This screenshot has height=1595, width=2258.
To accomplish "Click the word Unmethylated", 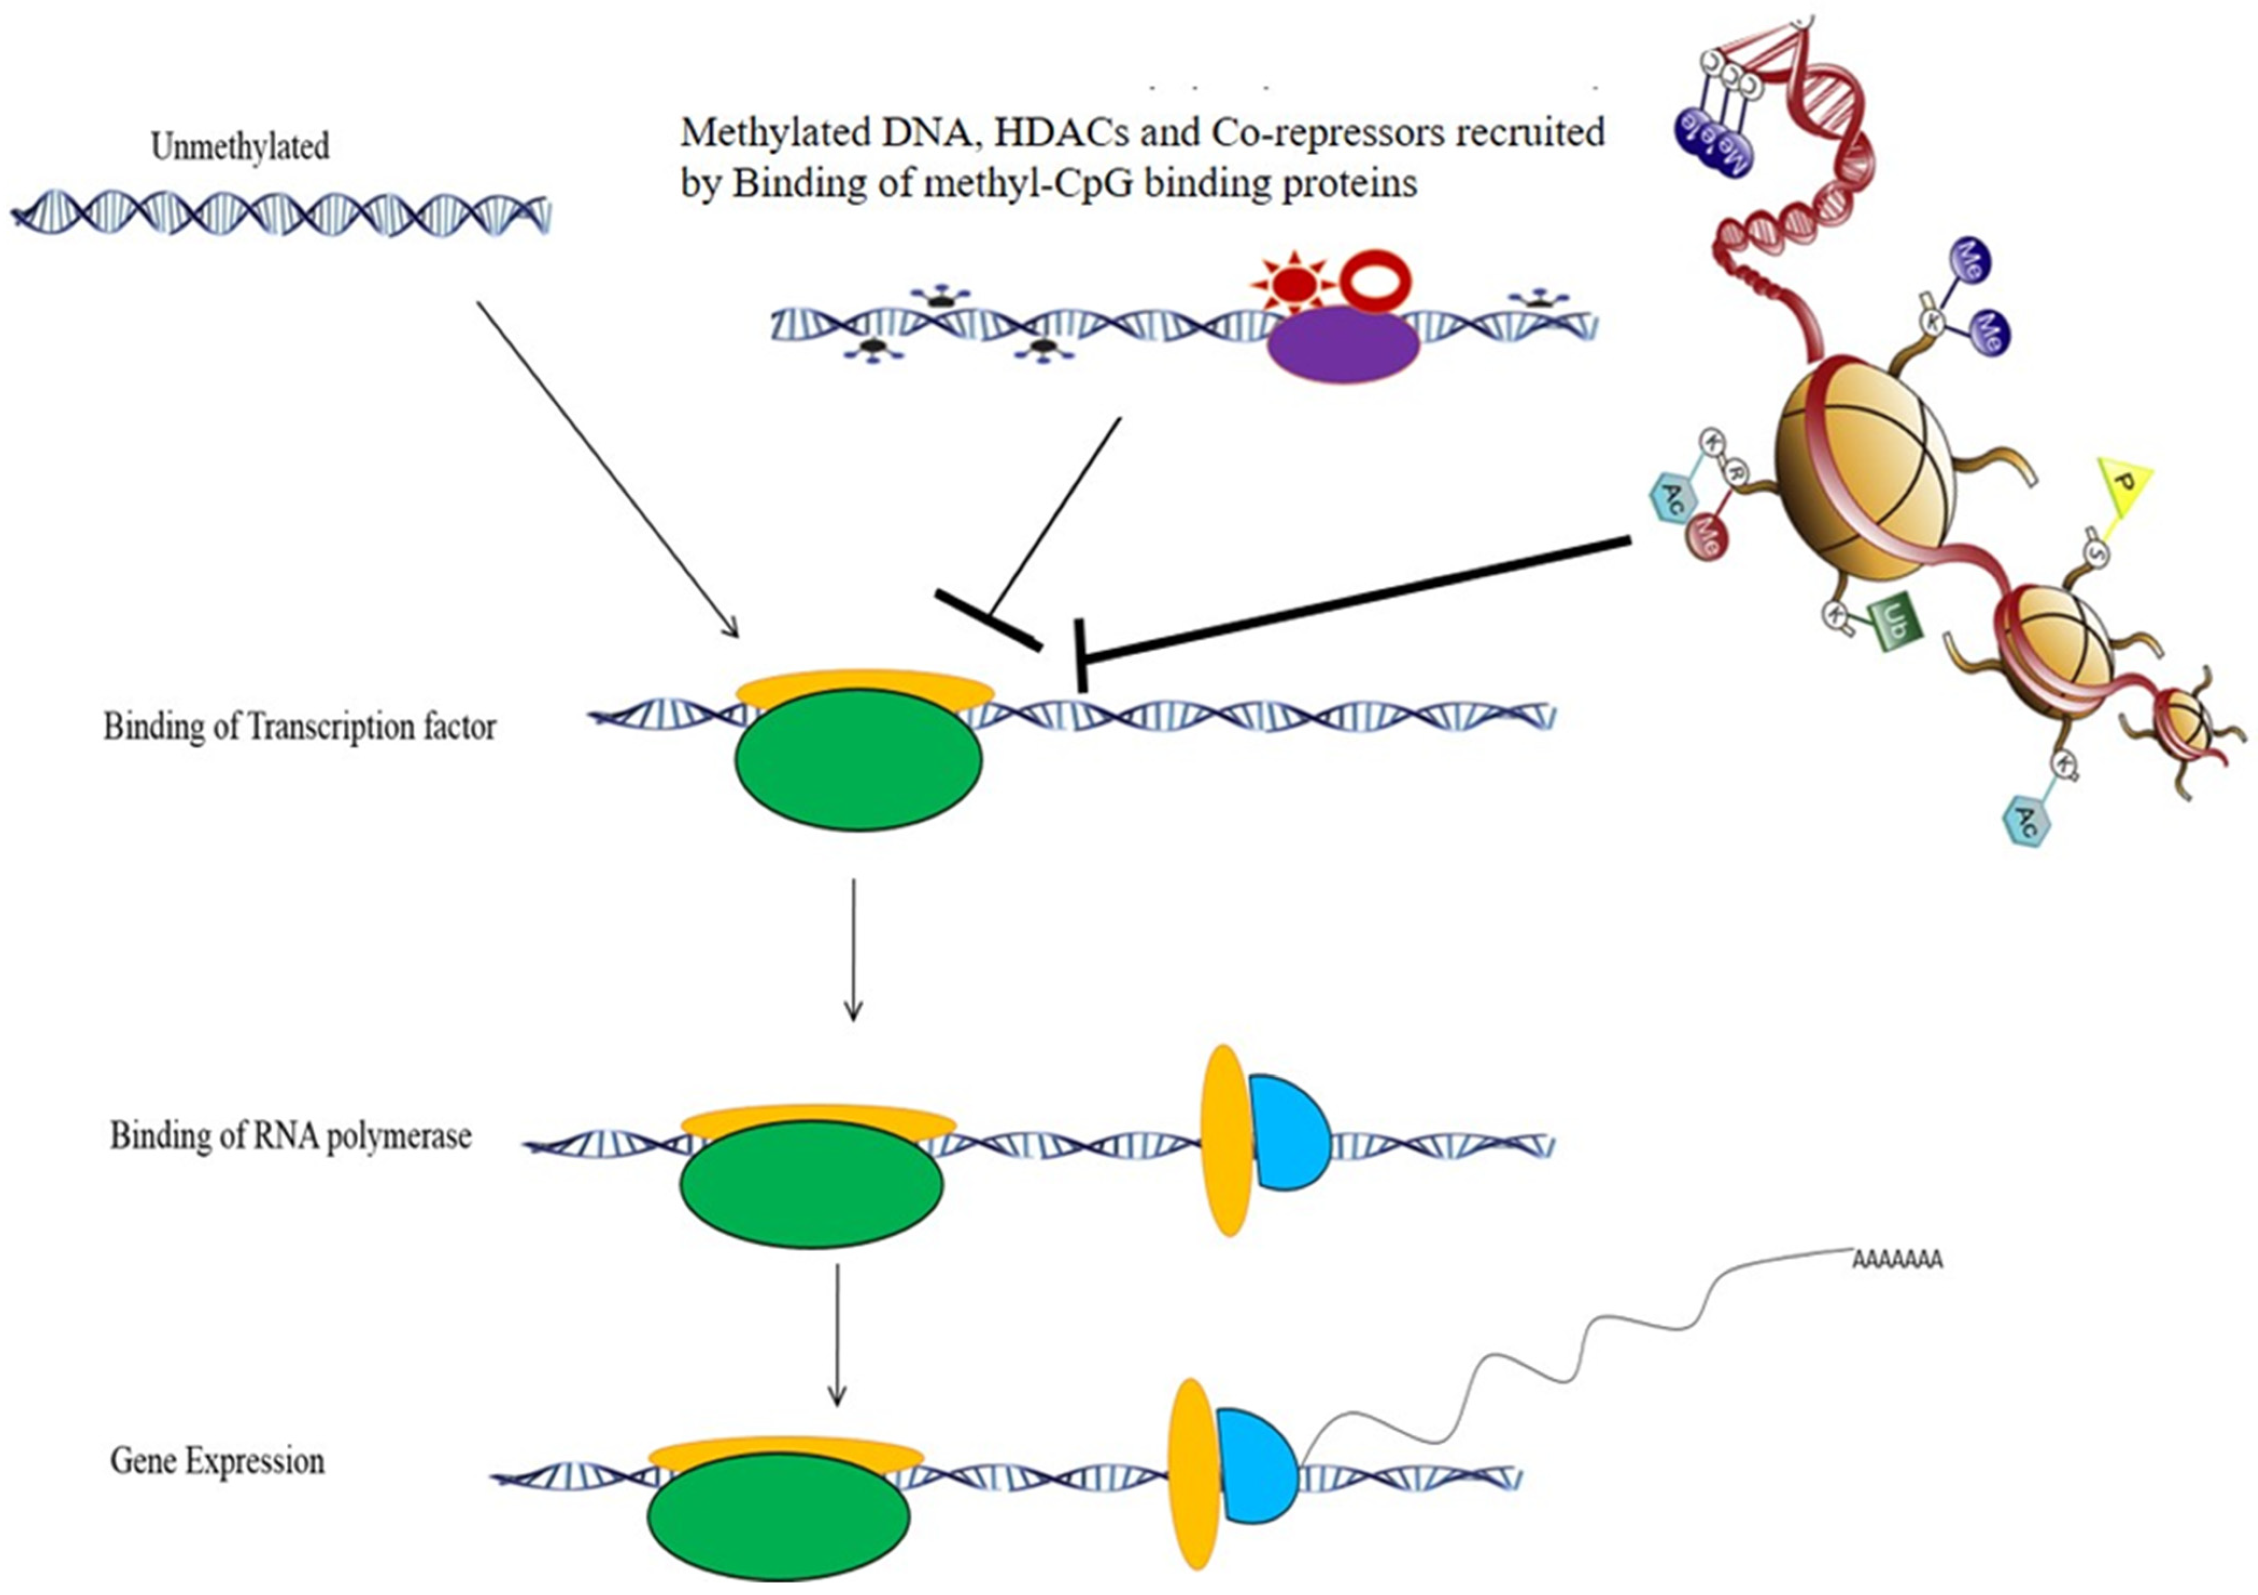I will pos(240,147).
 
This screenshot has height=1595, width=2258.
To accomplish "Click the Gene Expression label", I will pos(217,1461).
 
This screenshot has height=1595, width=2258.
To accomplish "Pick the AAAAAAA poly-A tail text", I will pos(1897,1260).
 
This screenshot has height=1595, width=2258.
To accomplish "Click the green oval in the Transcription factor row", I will pos(858,759).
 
